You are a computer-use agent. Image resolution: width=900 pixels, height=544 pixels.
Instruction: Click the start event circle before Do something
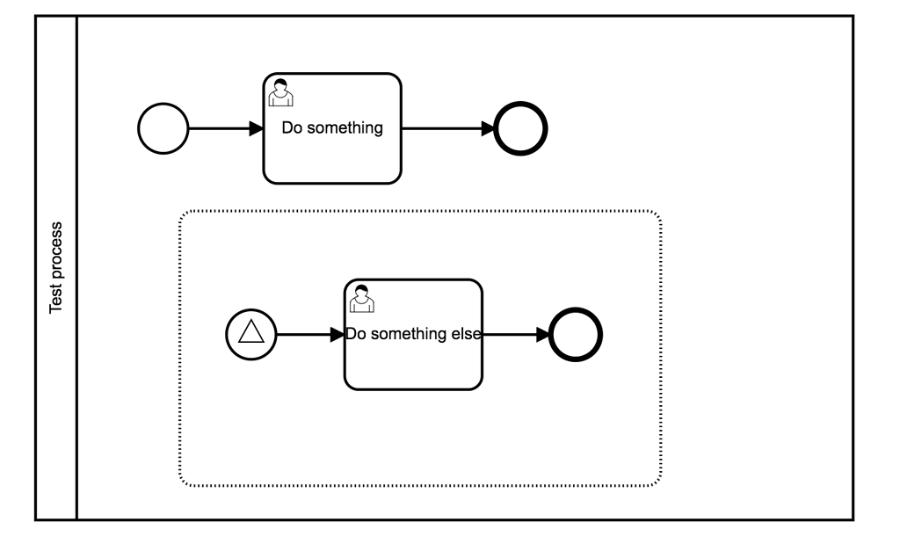click(x=163, y=128)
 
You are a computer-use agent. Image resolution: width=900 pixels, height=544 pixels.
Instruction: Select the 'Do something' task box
click(x=332, y=149)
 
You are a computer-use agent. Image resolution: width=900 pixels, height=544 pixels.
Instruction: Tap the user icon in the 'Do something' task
click(x=279, y=91)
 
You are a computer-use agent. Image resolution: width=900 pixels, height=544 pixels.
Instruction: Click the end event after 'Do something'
click(x=521, y=128)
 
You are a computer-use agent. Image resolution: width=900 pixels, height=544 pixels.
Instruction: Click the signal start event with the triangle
click(x=251, y=335)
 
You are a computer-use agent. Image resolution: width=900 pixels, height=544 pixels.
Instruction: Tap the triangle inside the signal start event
click(x=251, y=333)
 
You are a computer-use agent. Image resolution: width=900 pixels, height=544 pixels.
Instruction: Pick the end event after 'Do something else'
click(x=576, y=335)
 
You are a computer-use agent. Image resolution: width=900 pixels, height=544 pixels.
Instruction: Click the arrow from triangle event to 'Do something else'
click(x=308, y=335)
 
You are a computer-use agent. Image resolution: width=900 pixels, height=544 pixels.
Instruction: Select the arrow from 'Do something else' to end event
click(x=514, y=335)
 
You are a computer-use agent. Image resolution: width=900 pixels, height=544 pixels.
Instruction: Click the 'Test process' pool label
click(x=56, y=267)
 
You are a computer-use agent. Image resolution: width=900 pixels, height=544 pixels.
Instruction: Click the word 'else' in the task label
click(x=465, y=334)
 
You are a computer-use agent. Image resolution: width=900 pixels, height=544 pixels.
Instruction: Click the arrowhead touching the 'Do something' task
click(x=256, y=128)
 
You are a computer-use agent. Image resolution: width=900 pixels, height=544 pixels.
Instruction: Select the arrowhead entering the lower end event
click(x=541, y=335)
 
